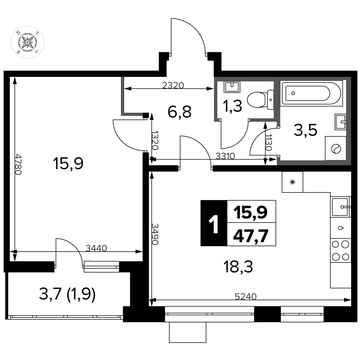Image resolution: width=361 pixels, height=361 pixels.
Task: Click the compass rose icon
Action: [x=27, y=42]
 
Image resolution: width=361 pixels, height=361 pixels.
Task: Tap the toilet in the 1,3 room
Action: [x=260, y=100]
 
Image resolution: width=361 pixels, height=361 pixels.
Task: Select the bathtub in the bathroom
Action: [x=311, y=93]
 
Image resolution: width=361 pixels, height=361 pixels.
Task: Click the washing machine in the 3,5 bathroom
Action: [x=335, y=148]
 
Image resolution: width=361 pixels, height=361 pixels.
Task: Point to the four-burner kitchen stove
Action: [x=340, y=251]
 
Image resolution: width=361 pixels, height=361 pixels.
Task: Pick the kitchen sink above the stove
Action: [x=340, y=207]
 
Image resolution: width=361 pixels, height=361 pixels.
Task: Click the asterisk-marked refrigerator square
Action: [x=292, y=182]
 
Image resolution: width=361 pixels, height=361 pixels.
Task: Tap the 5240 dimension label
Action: [x=245, y=296]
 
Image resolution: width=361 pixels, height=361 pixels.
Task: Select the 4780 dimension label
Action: [x=18, y=164]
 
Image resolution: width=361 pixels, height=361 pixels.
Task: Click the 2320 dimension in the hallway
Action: [x=173, y=86]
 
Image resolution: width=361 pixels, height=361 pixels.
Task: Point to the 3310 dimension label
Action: [x=225, y=156]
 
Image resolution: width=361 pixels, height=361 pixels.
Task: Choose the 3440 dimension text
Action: [x=96, y=248]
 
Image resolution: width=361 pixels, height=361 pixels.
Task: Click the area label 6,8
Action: [x=179, y=112]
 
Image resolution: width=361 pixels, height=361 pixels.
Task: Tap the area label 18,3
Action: [x=238, y=267]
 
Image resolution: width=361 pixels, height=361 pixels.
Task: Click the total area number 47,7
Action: [x=251, y=236]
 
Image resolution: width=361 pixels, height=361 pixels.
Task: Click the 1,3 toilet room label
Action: [x=232, y=106]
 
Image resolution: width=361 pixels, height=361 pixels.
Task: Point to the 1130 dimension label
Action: [x=269, y=142]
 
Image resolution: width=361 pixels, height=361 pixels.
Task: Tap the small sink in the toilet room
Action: [x=232, y=87]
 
